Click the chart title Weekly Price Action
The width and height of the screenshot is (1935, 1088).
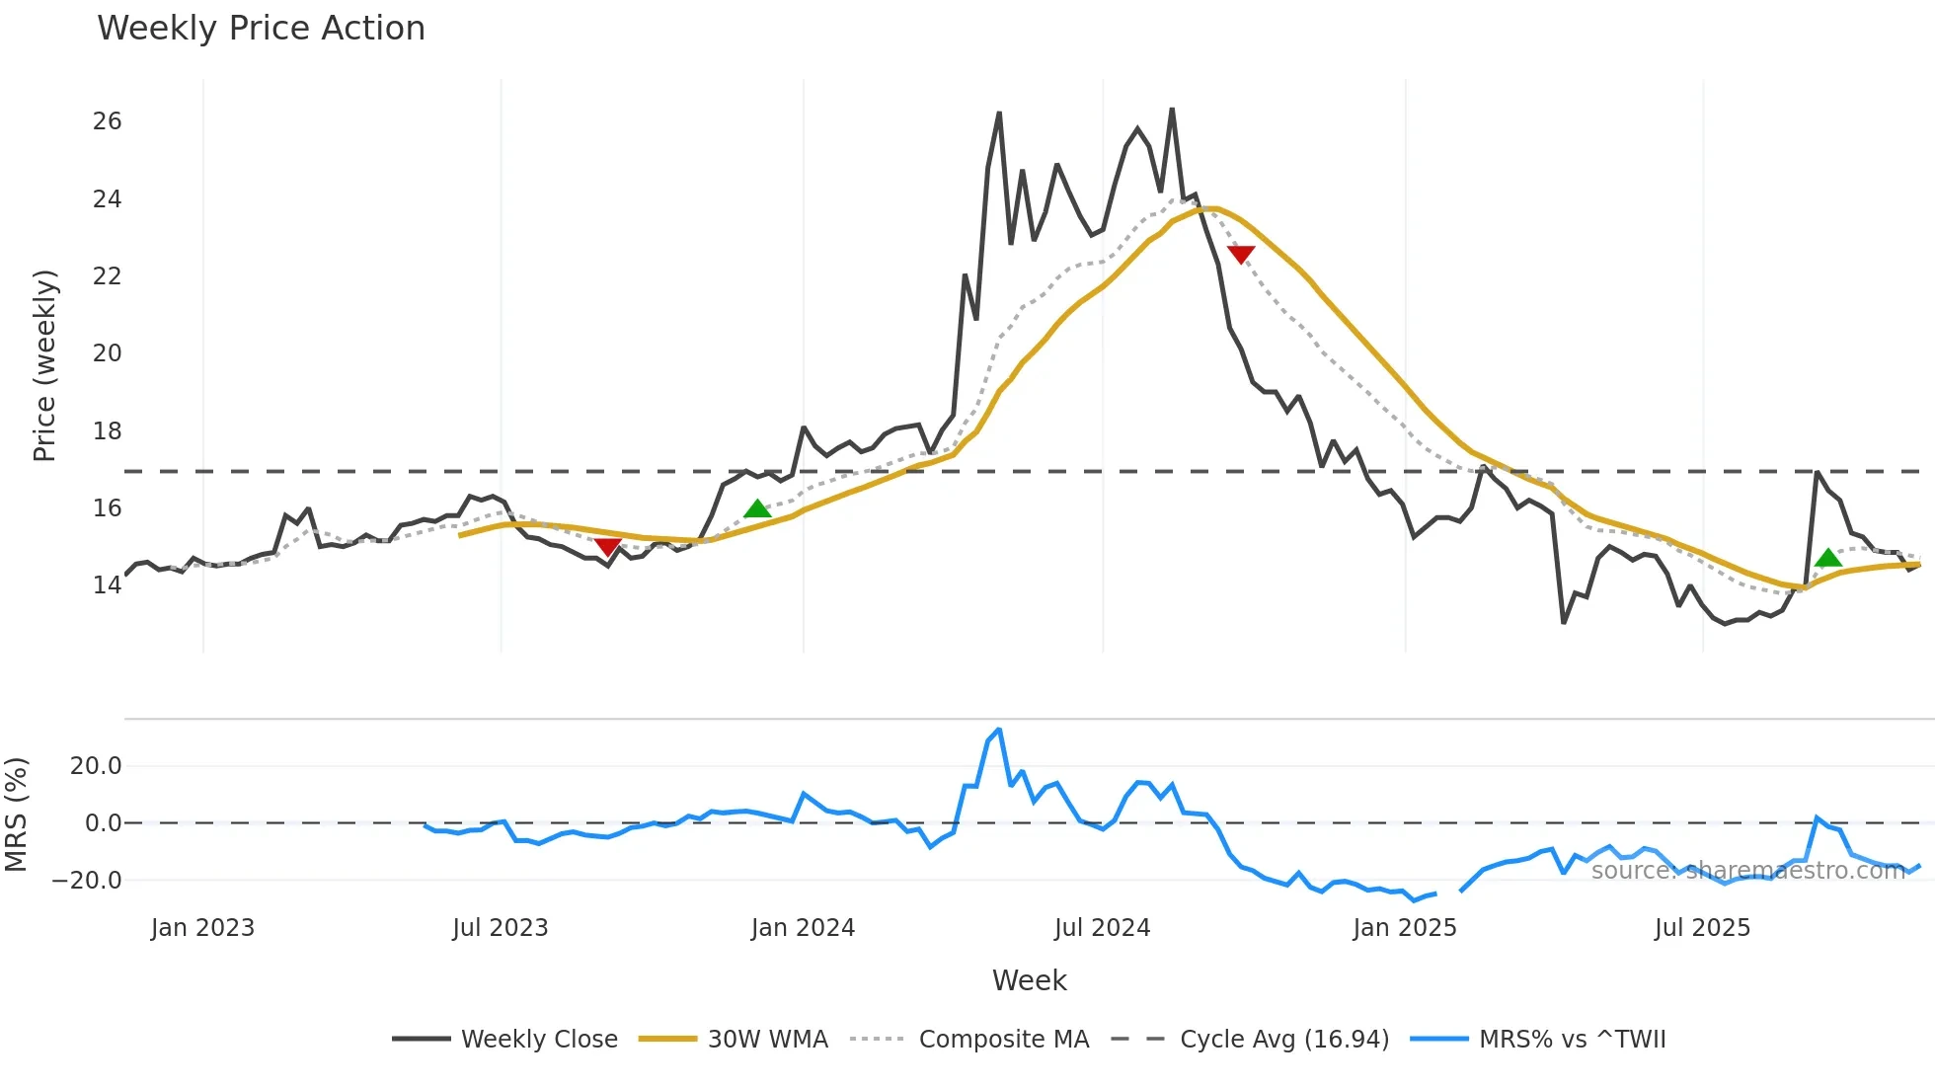click(x=261, y=29)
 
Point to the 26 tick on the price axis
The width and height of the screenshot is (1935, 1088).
click(x=107, y=121)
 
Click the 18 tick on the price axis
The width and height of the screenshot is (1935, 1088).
click(x=107, y=430)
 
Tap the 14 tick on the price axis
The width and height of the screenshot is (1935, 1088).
click(x=107, y=585)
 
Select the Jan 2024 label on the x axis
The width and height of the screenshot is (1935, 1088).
click(x=803, y=928)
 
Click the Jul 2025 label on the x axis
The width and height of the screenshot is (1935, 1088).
click(x=1702, y=928)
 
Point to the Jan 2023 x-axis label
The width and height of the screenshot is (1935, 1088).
click(x=202, y=928)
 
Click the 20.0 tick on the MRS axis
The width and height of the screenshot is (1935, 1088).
click(x=96, y=766)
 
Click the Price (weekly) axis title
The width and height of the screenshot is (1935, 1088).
click(x=44, y=365)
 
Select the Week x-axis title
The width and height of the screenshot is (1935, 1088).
click(x=1029, y=980)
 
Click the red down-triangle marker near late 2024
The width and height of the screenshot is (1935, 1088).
click(x=1241, y=254)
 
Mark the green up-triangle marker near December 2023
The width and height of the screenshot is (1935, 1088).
click(x=757, y=509)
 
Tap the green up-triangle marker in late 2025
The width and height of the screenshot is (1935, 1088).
click(x=1828, y=558)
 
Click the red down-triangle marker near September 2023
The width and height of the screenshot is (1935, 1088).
click(x=607, y=546)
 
